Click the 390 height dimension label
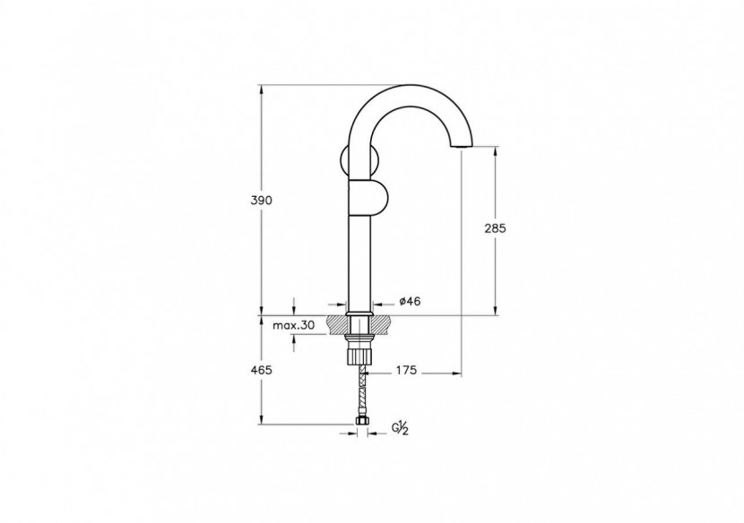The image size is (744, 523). pyautogui.click(x=261, y=200)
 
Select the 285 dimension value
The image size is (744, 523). pyautogui.click(x=495, y=228)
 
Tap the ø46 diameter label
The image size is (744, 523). pyautogui.click(x=409, y=302)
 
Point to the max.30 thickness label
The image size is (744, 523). pyautogui.click(x=293, y=326)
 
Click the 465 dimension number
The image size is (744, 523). pyautogui.click(x=261, y=369)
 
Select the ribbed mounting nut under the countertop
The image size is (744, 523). pyautogui.click(x=361, y=353)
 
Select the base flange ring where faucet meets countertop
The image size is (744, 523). pyautogui.click(x=360, y=313)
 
